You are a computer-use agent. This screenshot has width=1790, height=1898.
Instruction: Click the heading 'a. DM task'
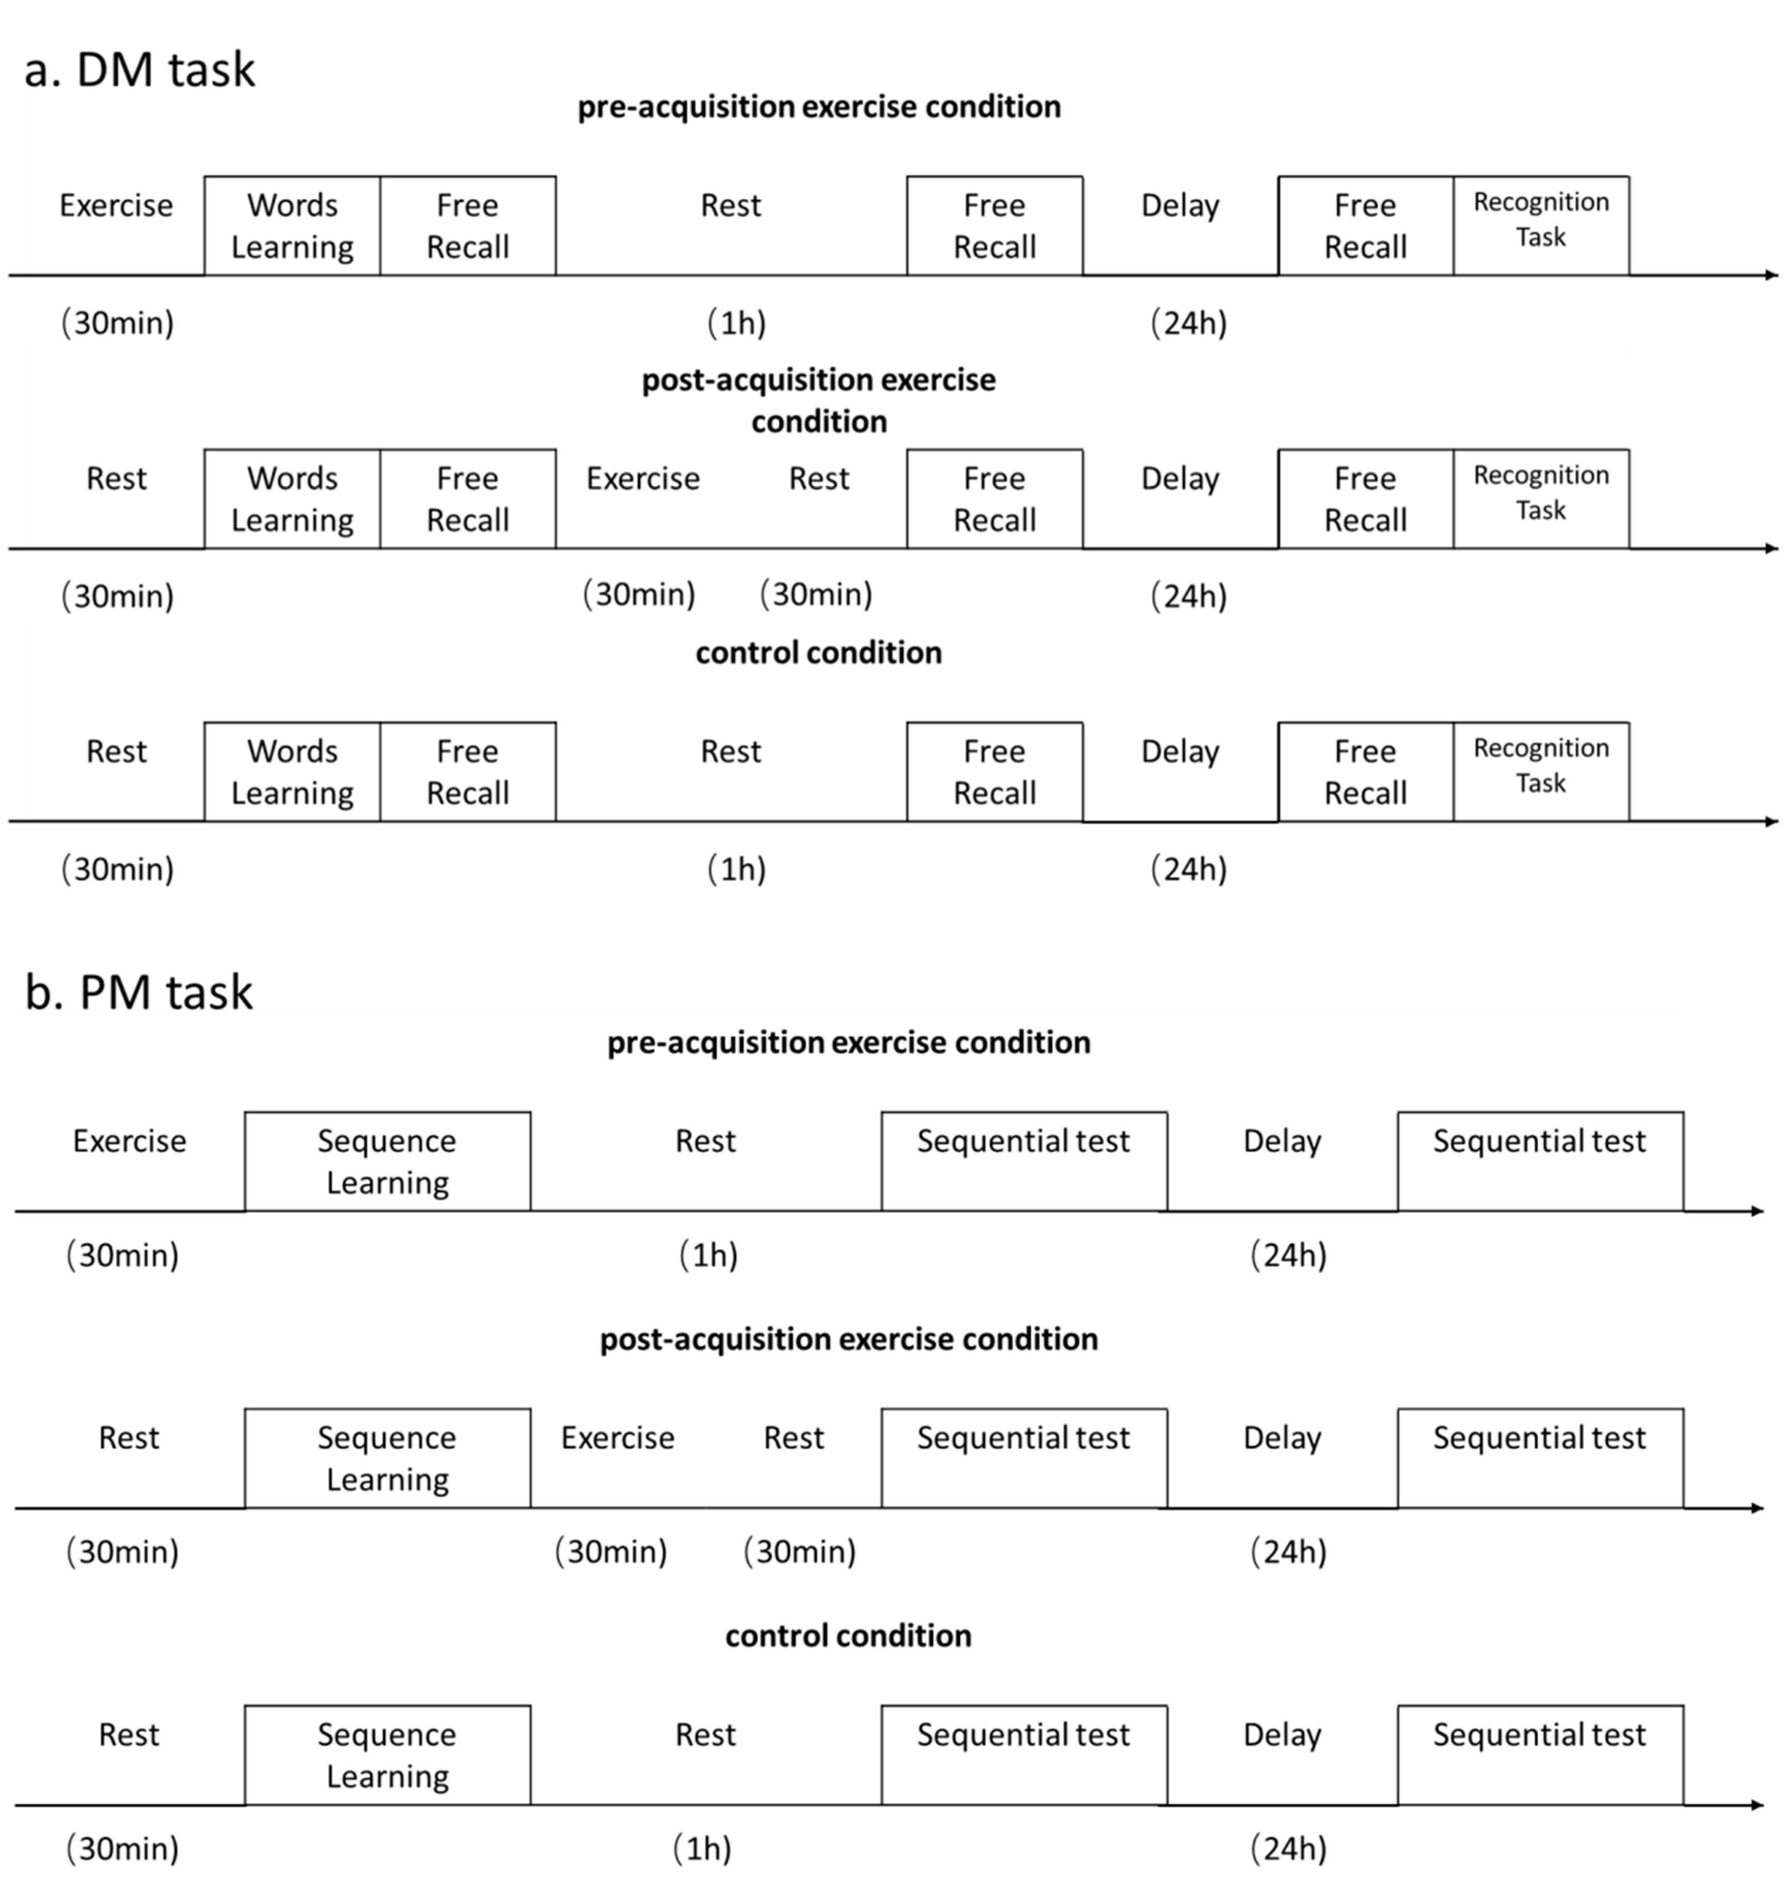tap(139, 70)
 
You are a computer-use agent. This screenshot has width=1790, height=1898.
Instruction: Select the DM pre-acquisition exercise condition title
tap(819, 106)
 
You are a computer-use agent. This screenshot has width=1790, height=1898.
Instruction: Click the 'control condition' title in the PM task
tap(848, 1635)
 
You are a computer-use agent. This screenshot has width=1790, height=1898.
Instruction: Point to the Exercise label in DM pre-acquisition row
tap(117, 205)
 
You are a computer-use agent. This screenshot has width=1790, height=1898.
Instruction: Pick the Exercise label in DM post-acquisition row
tap(642, 478)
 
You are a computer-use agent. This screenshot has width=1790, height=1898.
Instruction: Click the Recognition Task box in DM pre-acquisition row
tap(1541, 225)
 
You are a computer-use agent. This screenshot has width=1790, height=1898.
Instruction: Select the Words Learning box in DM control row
tap(292, 771)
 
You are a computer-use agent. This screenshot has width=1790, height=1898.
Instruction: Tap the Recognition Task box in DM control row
tap(1541, 771)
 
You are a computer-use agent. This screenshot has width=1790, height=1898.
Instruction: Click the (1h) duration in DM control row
tap(736, 869)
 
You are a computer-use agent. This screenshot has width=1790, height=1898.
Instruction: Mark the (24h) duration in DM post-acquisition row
tap(1188, 596)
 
